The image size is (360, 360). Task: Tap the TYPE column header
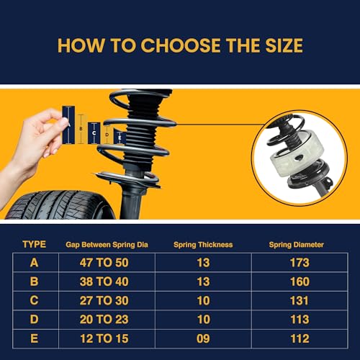[x=34, y=245]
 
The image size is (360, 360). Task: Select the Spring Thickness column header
[x=203, y=245]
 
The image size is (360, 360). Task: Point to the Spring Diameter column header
[x=297, y=245]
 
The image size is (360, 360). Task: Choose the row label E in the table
[x=34, y=337]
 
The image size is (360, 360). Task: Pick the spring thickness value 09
[x=203, y=337]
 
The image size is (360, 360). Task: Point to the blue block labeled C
[x=93, y=132]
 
